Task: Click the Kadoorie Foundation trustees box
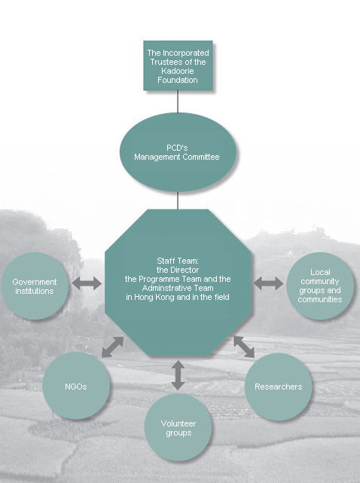tap(178, 66)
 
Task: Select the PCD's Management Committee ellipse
tap(178, 152)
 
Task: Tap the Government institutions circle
tap(35, 286)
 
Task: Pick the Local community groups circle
tap(320, 286)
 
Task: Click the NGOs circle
tap(76, 386)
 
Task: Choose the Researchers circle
tap(279, 387)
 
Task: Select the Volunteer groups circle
tap(178, 427)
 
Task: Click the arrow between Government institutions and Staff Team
tap(87, 283)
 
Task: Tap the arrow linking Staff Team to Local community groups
tap(268, 283)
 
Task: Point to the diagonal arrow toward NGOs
tap(113, 347)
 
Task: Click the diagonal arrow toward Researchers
tap(244, 347)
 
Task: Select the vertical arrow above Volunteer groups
tap(178, 375)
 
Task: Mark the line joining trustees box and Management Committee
tap(178, 102)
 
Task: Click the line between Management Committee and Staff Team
tap(178, 200)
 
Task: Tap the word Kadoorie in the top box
tap(178, 71)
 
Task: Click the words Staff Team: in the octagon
tap(178, 261)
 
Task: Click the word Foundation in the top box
tap(178, 80)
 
